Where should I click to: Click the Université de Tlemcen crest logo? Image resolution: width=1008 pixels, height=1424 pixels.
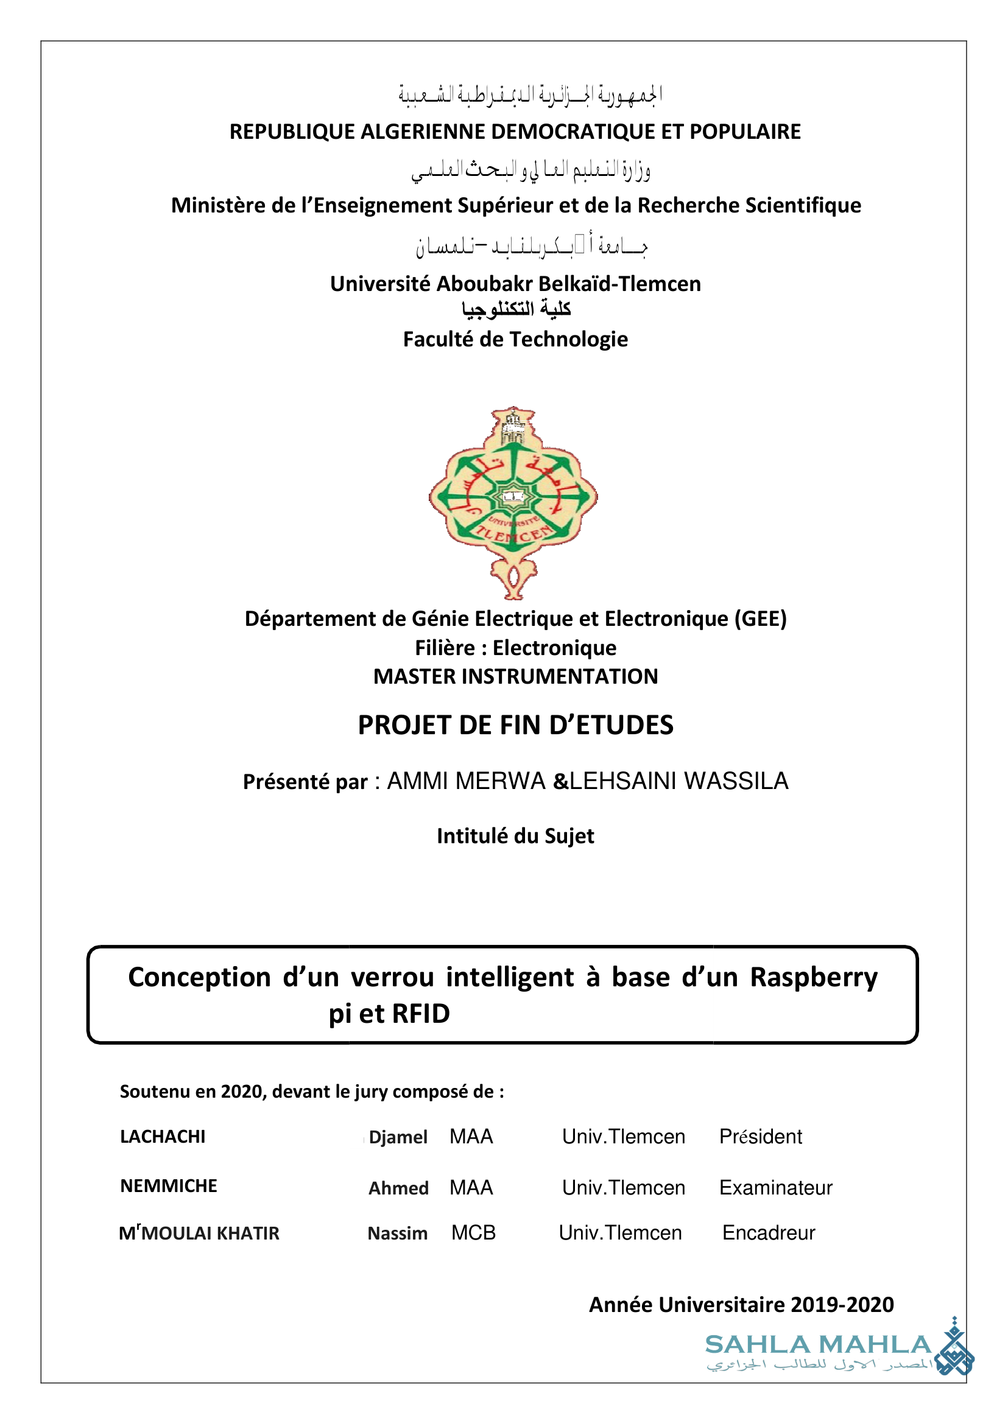(513, 503)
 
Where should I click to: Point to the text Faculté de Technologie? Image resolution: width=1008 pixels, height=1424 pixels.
(515, 339)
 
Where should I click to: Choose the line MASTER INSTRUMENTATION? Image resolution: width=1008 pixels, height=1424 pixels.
(515, 676)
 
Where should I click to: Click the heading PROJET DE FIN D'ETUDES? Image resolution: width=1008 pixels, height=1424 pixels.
(515, 725)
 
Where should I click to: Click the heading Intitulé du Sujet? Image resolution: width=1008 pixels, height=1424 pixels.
(515, 837)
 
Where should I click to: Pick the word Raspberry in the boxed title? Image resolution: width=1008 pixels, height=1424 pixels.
(814, 977)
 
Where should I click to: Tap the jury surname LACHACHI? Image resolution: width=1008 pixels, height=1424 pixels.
(163, 1137)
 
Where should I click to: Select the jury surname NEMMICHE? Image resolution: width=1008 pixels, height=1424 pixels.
(169, 1186)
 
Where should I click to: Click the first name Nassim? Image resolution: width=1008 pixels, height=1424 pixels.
(397, 1233)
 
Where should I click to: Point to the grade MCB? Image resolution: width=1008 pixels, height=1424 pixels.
(474, 1232)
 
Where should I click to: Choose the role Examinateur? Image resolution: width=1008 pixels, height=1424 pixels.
(775, 1188)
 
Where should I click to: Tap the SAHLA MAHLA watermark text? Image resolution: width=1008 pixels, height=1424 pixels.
(818, 1345)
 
